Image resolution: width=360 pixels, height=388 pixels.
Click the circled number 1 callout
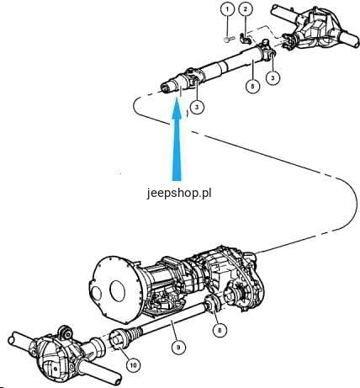(227, 9)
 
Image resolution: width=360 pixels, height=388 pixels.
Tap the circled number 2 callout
(246, 9)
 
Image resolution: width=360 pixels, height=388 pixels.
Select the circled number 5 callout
(252, 86)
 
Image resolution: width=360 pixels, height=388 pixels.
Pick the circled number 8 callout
(220, 330)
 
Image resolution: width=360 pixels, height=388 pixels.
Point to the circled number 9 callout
(178, 348)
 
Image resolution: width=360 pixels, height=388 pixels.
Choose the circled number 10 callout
(133, 365)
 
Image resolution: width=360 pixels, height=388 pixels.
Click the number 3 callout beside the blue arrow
(197, 107)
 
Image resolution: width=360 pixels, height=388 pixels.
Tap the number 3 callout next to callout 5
(273, 77)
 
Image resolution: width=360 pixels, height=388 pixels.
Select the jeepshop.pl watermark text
(179, 193)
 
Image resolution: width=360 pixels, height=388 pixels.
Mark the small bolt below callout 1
(230, 39)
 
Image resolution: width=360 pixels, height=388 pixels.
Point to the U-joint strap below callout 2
(245, 39)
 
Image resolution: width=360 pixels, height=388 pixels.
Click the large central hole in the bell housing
(118, 290)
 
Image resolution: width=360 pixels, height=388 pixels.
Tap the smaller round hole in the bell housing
(97, 293)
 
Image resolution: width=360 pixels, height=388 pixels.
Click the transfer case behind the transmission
(233, 278)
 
